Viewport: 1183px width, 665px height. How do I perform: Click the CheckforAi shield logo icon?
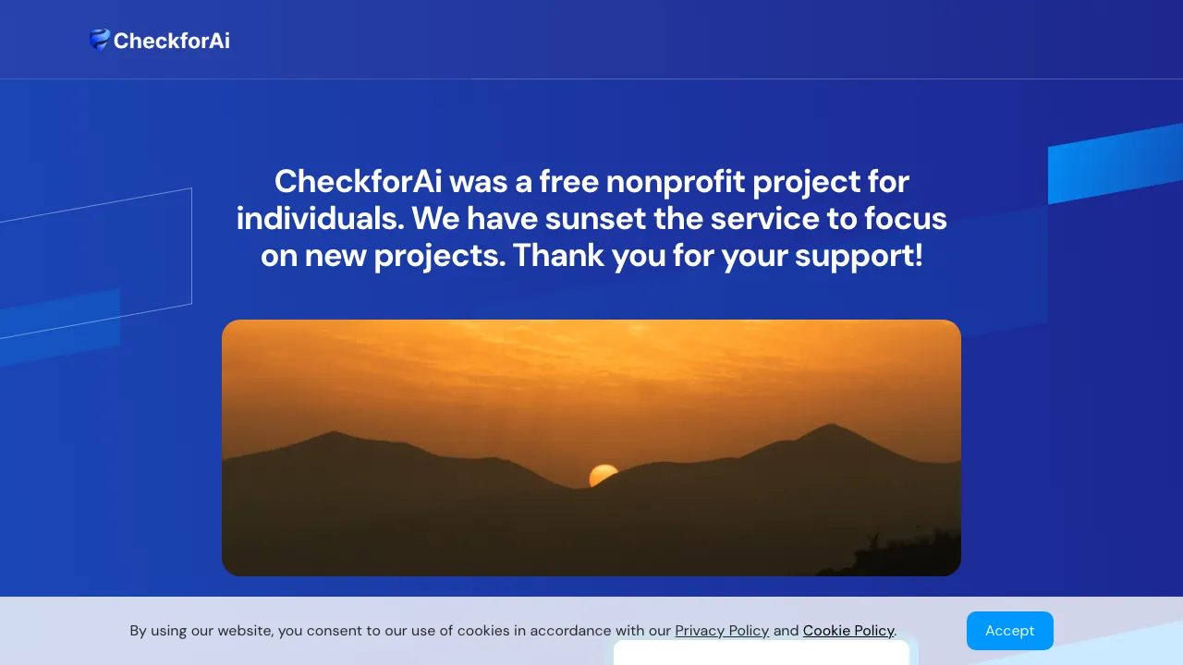pos(99,40)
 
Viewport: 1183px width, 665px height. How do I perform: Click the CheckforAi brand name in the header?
pos(171,41)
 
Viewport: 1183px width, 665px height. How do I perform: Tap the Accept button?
pos(1009,631)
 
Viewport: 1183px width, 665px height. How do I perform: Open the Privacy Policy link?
pos(722,631)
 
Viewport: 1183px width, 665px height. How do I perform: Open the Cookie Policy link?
pos(848,631)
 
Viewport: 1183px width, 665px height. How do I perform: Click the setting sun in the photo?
pos(603,476)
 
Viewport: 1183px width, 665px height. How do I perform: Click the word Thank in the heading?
pos(558,256)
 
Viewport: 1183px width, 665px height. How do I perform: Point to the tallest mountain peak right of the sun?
pos(832,427)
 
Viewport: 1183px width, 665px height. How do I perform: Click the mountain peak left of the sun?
pos(335,434)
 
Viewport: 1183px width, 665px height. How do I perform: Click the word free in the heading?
pos(567,181)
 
